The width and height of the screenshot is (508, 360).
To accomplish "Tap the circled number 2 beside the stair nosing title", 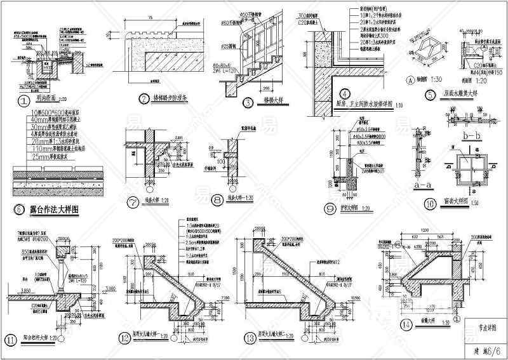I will pos(144,98).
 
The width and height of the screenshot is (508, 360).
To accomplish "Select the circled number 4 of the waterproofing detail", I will pos(345,93).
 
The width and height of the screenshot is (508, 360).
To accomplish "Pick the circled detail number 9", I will pos(329,208).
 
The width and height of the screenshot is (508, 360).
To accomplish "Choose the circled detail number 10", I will pos(429,203).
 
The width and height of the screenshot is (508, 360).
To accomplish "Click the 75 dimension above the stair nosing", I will pos(167,18).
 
